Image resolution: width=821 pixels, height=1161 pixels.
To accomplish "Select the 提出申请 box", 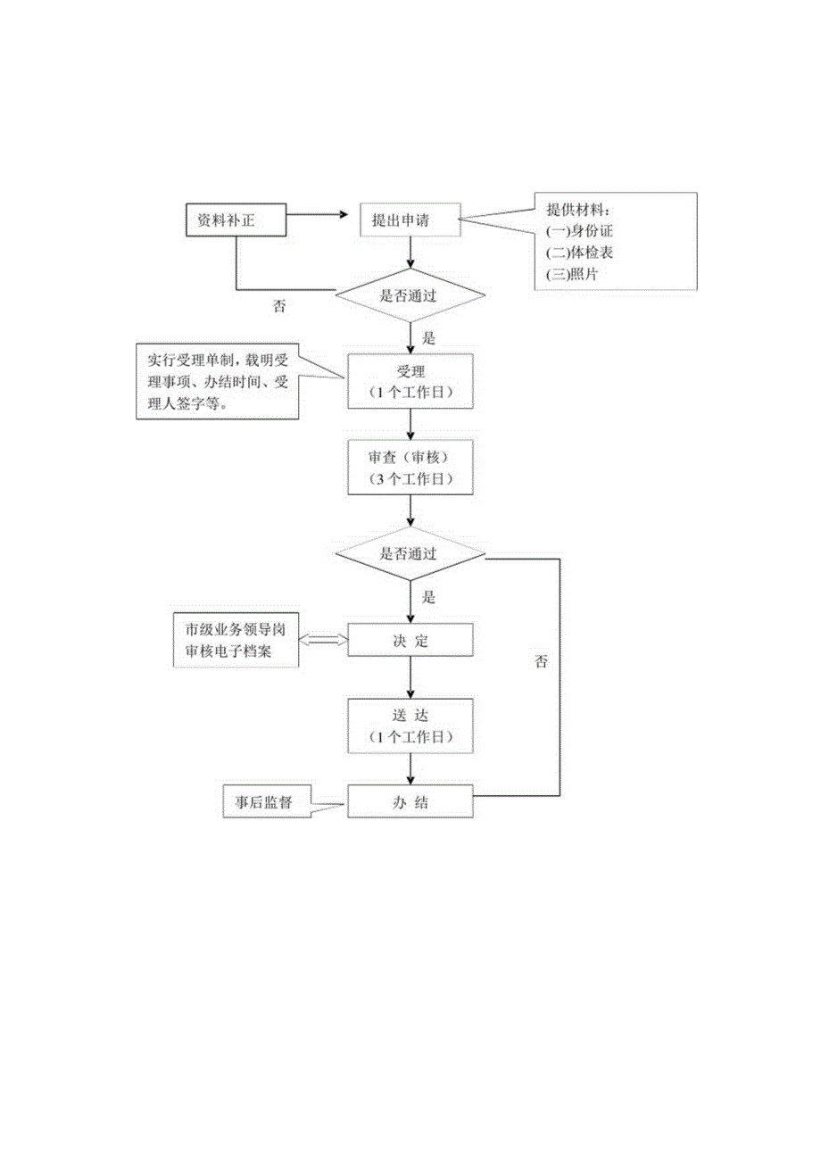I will tap(410, 220).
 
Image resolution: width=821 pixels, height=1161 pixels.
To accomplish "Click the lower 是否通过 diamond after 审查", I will tap(410, 553).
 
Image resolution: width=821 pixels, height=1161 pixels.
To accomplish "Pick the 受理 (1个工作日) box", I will tap(410, 382).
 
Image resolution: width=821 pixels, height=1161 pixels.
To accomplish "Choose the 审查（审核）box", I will tap(410, 468).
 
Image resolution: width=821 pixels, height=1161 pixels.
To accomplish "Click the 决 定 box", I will tap(410, 640).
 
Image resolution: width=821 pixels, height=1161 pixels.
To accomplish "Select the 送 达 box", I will tap(410, 726).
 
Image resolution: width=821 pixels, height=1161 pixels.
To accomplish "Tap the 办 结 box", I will tap(410, 801).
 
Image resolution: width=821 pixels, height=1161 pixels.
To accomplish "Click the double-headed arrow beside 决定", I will tap(322, 640).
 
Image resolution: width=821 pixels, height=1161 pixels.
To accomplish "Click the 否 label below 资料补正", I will tap(279, 306).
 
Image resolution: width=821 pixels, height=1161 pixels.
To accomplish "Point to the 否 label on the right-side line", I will tap(541, 661).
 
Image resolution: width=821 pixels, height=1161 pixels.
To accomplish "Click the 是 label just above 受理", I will tap(427, 339).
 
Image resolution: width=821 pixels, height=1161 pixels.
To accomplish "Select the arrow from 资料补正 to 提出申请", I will tap(316, 214).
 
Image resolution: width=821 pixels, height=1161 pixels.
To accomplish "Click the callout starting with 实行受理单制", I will tap(217, 382).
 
